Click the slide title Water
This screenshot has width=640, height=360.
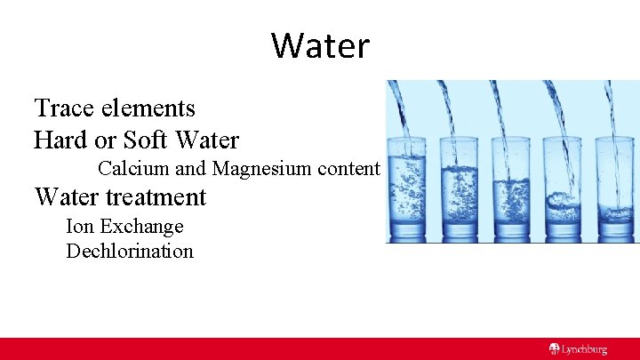pyautogui.click(x=320, y=45)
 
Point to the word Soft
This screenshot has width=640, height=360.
pyautogui.click(x=148, y=140)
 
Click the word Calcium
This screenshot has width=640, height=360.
pyautogui.click(x=130, y=168)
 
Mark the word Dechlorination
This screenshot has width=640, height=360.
pyautogui.click(x=130, y=251)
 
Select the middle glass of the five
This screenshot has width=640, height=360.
pyautogui.click(x=511, y=188)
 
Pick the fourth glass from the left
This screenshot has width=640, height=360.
pyautogui.click(x=562, y=188)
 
